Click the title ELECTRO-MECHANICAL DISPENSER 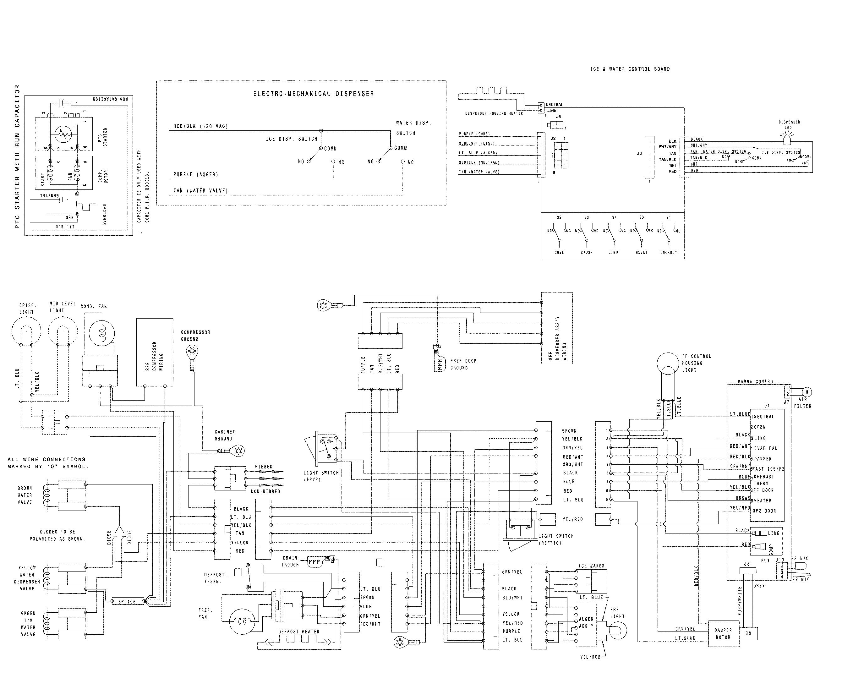pyautogui.click(x=313, y=94)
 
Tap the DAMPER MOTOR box pyautogui.click(x=723, y=633)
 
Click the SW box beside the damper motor pyautogui.click(x=748, y=633)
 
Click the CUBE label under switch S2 pyautogui.click(x=559, y=253)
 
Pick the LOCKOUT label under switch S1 pyautogui.click(x=668, y=253)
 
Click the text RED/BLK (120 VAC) pyautogui.click(x=200, y=126)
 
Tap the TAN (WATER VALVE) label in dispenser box pyautogui.click(x=200, y=191)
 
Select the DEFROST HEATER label pyautogui.click(x=299, y=632)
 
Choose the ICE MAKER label pyautogui.click(x=591, y=566)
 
